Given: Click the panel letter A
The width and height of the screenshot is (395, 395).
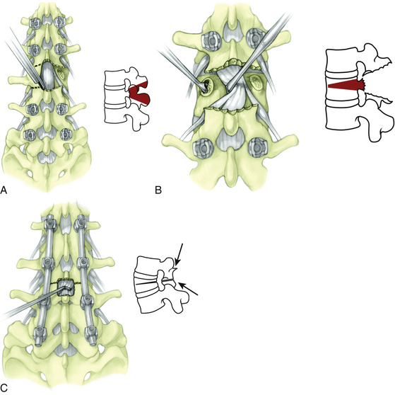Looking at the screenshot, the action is coord(4,190).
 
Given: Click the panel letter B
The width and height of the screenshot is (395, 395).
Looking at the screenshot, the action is coord(158,190).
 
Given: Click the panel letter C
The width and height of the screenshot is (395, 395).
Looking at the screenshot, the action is coord(4,388).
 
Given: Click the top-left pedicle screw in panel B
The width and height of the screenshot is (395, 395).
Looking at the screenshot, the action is coord(211,39).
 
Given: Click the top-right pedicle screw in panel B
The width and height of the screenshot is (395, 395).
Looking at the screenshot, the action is coord(257,39).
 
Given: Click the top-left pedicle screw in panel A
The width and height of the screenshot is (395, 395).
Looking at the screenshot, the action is coord(35,23).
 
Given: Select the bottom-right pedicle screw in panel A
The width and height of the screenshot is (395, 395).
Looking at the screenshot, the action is coord(66,134).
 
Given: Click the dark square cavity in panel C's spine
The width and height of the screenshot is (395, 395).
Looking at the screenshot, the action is coord(66,287).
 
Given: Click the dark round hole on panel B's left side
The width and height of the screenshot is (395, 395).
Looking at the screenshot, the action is coord(208,84).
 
